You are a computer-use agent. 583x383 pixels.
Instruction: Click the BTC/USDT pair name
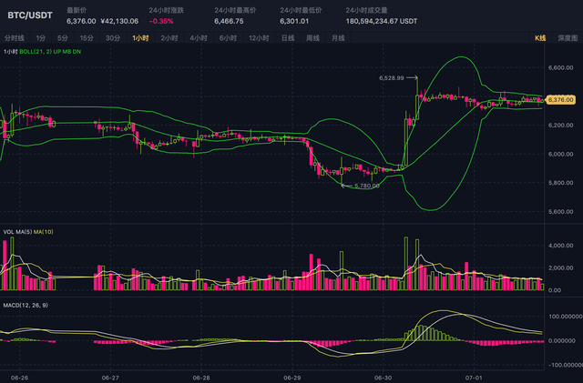[30, 15]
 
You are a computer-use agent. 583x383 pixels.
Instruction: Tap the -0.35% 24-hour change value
[162, 21]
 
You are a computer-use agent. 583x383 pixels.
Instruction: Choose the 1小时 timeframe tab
[141, 38]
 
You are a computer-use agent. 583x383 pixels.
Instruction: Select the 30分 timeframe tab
[113, 38]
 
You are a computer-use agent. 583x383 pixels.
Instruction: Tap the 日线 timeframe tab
[287, 38]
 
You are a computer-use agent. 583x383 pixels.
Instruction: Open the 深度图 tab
[567, 38]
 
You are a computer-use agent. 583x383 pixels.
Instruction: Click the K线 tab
[539, 38]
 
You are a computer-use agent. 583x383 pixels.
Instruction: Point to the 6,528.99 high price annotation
[391, 78]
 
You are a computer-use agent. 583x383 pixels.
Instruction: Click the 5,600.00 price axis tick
[559, 212]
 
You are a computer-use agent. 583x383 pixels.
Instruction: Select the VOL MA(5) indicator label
[16, 232]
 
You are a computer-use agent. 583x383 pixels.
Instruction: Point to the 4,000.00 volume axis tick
[559, 246]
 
